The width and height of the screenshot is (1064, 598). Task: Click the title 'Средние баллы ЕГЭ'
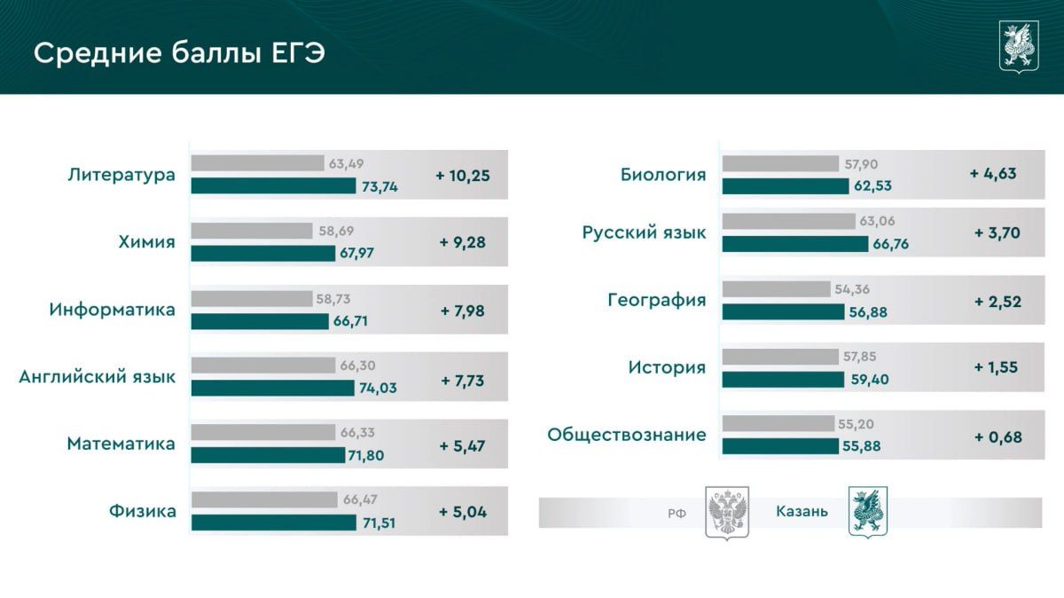pyautogui.click(x=179, y=52)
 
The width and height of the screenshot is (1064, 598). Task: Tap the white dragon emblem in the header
pyautogui.click(x=1019, y=47)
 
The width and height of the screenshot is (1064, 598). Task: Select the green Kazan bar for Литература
pyautogui.click(x=274, y=185)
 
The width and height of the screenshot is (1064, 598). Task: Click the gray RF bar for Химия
pyautogui.click(x=252, y=231)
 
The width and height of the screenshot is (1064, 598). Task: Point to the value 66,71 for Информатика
pyautogui.click(x=350, y=321)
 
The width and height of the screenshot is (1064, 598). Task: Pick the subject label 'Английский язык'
pyautogui.click(x=98, y=377)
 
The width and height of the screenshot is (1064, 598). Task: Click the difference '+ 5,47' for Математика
pyautogui.click(x=462, y=446)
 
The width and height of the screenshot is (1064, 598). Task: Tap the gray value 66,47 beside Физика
pyautogui.click(x=360, y=500)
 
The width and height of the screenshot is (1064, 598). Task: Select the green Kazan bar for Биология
pyautogui.click(x=786, y=186)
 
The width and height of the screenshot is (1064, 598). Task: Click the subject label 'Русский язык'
pyautogui.click(x=644, y=233)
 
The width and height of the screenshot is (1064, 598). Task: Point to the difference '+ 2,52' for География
pyautogui.click(x=997, y=302)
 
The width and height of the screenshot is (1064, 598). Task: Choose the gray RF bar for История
pyautogui.click(x=780, y=357)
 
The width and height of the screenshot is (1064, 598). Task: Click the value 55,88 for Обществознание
pyautogui.click(x=862, y=446)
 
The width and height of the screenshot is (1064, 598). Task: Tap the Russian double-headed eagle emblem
pyautogui.click(x=727, y=513)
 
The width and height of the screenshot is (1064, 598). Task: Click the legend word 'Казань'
pyautogui.click(x=802, y=511)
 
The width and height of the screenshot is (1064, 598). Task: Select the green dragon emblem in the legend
pyautogui.click(x=868, y=512)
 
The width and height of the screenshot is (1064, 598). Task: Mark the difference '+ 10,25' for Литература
pyautogui.click(x=463, y=176)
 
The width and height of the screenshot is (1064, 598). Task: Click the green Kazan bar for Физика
pyautogui.click(x=274, y=523)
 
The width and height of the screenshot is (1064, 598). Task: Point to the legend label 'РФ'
pyautogui.click(x=677, y=514)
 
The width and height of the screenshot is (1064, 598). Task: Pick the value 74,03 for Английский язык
pyautogui.click(x=378, y=388)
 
